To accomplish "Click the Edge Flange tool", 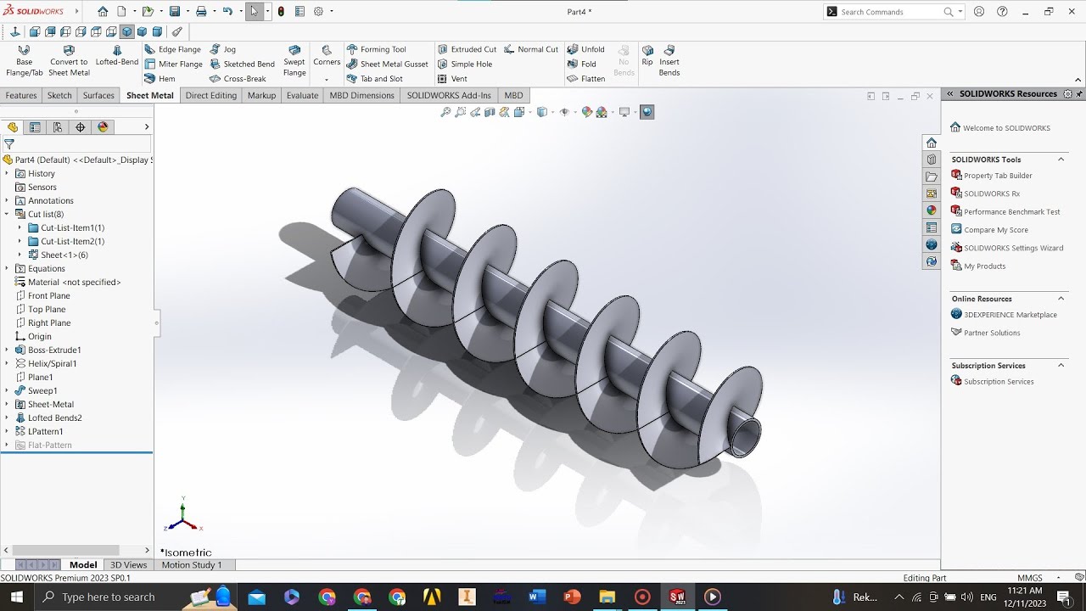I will point(173,49).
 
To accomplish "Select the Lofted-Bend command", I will point(117,56).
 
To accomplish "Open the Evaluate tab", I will point(302,95).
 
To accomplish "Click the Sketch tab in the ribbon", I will point(59,95).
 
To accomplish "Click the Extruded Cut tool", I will point(467,49).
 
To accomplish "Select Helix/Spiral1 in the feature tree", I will point(52,363).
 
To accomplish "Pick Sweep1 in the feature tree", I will point(42,390).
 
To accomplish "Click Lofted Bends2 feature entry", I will point(54,418).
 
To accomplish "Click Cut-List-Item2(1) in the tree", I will point(72,241).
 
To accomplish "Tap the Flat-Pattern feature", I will point(49,445).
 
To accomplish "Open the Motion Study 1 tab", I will point(192,564).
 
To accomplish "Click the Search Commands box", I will point(891,12).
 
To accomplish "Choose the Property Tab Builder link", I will point(998,176).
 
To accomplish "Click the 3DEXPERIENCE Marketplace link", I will point(1010,315).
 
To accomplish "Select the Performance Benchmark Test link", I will point(1011,212).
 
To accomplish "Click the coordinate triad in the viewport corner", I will point(182,515).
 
